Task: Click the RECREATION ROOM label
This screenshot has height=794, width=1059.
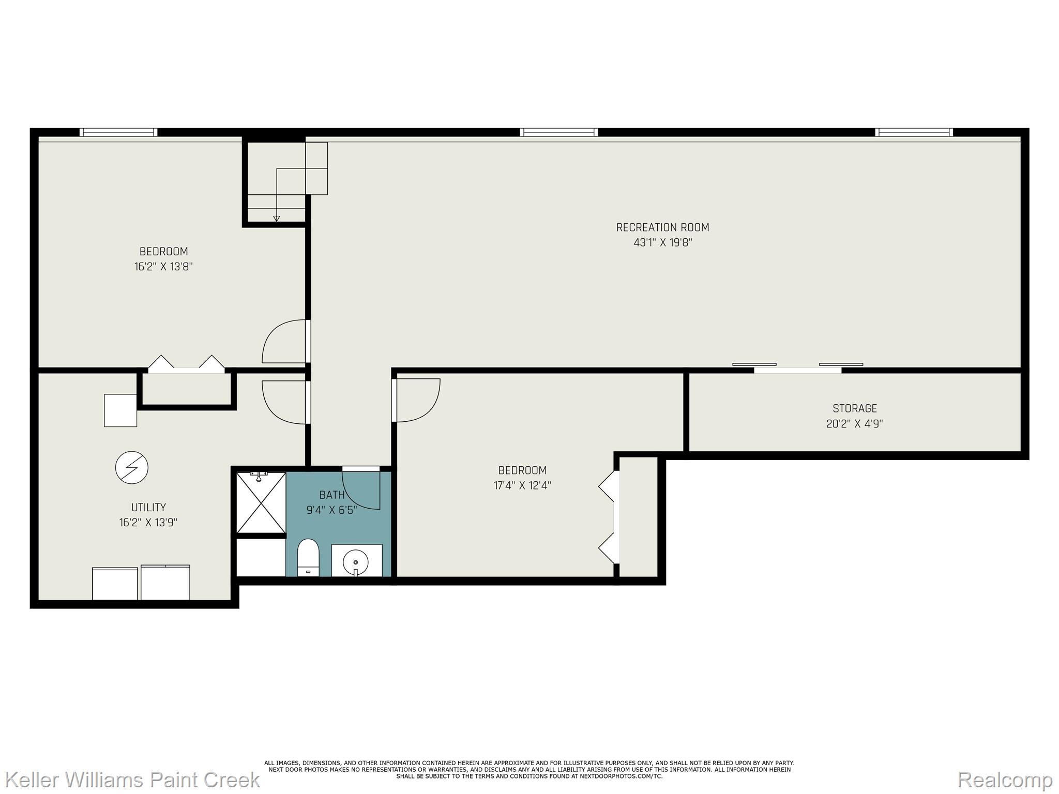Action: (x=662, y=227)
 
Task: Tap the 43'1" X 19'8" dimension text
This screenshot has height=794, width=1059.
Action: (x=662, y=242)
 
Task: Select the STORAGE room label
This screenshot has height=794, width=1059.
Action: (x=854, y=408)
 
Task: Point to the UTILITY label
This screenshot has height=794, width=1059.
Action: (x=148, y=507)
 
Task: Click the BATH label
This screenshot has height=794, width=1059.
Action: (x=331, y=495)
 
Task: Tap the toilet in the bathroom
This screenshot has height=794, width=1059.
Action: (x=309, y=557)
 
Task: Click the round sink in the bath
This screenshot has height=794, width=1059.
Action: (x=356, y=560)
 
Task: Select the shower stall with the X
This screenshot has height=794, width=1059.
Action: (x=261, y=502)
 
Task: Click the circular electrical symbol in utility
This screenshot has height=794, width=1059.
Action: (x=132, y=467)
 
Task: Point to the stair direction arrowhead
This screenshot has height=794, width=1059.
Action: (x=277, y=219)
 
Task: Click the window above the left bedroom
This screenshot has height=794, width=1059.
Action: (x=118, y=132)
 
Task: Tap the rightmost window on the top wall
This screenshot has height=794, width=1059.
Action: (x=914, y=132)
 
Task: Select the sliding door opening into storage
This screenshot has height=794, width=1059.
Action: (x=797, y=369)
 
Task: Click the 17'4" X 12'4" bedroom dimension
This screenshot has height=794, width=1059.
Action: (x=522, y=485)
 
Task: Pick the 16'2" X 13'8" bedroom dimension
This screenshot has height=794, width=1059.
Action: (x=163, y=267)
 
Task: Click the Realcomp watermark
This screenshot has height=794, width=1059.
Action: (x=1005, y=779)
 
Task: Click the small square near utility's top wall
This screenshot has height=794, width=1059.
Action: (x=120, y=410)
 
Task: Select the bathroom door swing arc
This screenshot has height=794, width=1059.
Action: (x=365, y=491)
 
